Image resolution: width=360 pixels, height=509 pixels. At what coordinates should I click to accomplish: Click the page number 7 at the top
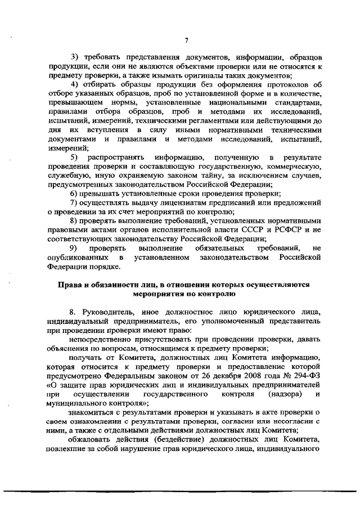[186, 39]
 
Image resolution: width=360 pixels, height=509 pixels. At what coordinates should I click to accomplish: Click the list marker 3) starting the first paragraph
[74, 58]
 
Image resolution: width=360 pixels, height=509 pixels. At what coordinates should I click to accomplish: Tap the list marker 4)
[74, 84]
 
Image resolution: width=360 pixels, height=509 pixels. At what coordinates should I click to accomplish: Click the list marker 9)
[73, 248]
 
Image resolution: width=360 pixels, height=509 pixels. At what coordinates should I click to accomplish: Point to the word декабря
[196, 376]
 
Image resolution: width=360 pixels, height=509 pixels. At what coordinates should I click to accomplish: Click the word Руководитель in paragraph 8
[110, 312]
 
